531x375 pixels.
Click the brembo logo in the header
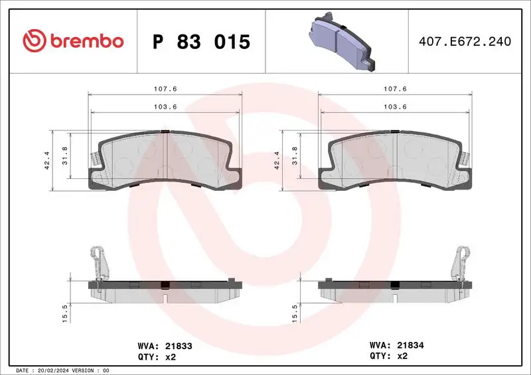point(73,42)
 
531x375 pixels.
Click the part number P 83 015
point(201,42)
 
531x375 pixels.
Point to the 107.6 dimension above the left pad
point(165,89)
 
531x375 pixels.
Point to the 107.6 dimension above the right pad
point(396,89)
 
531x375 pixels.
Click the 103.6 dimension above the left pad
point(165,107)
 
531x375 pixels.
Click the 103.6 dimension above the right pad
point(396,107)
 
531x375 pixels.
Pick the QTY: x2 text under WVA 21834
point(387,356)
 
